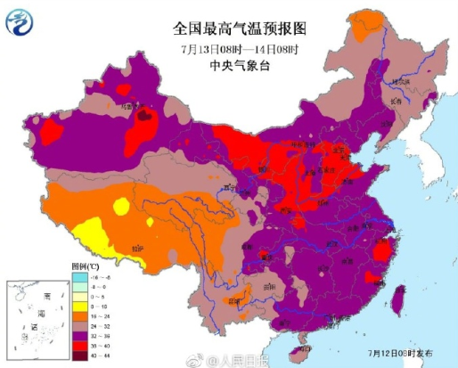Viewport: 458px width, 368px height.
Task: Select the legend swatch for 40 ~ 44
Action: click(78, 356)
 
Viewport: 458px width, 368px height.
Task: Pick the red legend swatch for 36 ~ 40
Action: click(78, 345)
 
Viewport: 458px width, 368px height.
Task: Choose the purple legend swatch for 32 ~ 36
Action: click(78, 335)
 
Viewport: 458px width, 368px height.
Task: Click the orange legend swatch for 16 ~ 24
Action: click(78, 315)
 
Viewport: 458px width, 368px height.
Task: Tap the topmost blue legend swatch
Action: click(78, 277)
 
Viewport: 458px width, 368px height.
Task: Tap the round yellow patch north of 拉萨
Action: click(119, 208)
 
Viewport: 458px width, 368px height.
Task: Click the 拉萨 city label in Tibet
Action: click(136, 249)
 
